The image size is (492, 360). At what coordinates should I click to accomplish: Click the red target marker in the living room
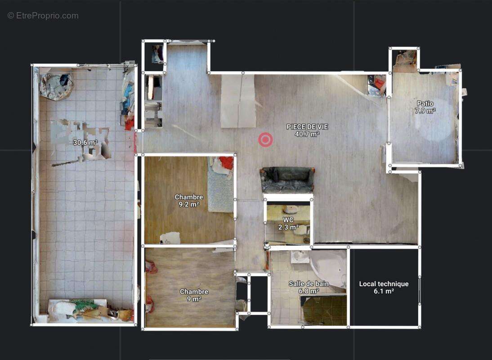(x=265, y=139)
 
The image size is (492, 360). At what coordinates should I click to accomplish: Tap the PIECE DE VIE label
(x=307, y=127)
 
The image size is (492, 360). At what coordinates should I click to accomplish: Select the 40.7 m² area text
(x=307, y=135)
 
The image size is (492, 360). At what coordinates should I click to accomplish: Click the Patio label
(x=425, y=103)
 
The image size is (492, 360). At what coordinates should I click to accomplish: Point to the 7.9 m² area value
(x=425, y=111)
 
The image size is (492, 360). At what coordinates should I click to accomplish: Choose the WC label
(x=288, y=220)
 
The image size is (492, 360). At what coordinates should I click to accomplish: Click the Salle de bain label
(x=309, y=284)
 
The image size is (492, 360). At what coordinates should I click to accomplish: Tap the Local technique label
(x=384, y=284)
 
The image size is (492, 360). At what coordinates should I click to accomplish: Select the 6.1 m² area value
(x=384, y=291)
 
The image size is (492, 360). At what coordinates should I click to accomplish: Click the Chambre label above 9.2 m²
(x=189, y=197)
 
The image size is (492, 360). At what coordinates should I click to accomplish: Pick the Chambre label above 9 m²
(x=194, y=292)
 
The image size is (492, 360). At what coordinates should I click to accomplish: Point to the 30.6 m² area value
(x=85, y=143)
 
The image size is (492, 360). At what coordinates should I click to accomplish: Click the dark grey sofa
(x=287, y=180)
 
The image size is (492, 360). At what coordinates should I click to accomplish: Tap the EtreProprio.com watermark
(x=43, y=16)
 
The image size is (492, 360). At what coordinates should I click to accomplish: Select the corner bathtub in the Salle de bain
(x=328, y=270)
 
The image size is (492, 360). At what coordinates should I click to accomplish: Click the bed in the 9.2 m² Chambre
(x=221, y=184)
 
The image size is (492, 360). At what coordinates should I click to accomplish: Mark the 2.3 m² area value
(x=288, y=227)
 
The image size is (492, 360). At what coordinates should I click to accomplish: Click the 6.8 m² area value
(x=309, y=291)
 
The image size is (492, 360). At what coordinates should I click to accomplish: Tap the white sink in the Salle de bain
(x=300, y=256)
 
